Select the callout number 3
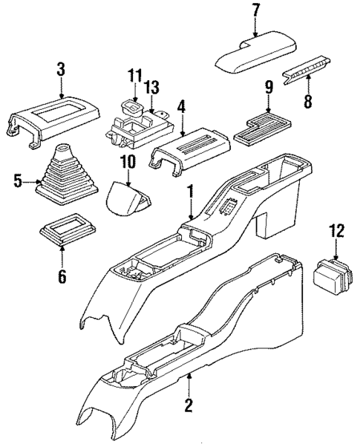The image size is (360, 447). tap(62, 71)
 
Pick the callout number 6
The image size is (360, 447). tap(62, 278)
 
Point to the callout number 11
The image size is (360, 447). tap(134, 76)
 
